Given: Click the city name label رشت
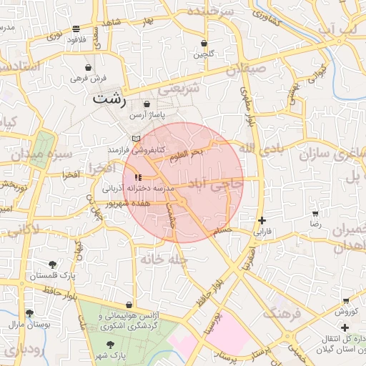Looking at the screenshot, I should coord(109,100).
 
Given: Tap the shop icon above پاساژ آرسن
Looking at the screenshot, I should coord(147,104).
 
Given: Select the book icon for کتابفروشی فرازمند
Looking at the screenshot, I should coord(137,138).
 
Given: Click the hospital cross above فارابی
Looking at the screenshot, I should coord(262,221).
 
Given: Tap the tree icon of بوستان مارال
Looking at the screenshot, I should coord(29,313).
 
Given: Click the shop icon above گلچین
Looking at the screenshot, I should coord(204,44).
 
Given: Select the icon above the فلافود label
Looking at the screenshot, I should coord(76,29).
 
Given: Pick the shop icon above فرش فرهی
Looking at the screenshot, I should coord(88,66).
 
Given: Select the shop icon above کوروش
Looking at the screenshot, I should coord(346,301).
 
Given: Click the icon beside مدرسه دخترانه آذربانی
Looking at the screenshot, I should coord(138,177).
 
